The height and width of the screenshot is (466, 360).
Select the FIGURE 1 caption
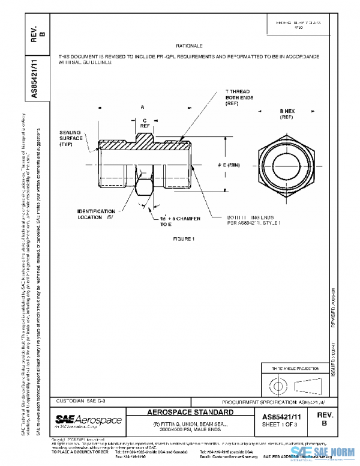click(181, 238)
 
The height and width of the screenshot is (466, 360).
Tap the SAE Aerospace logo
click(88, 420)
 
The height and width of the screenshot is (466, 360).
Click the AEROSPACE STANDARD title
click(191, 413)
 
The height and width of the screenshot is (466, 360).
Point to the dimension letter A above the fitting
click(143, 106)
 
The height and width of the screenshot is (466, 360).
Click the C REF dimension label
click(145, 123)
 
